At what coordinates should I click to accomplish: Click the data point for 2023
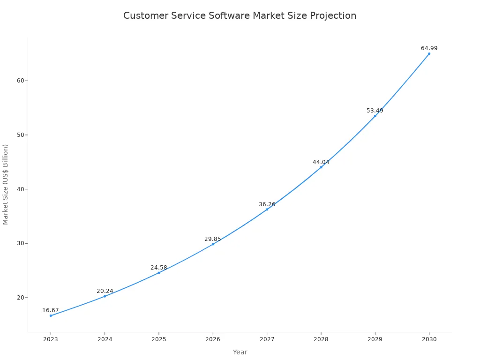coord(51,315)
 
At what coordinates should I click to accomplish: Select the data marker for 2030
coord(429,53)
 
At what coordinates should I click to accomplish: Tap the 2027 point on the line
coord(267,209)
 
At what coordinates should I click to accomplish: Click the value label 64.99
coord(429,48)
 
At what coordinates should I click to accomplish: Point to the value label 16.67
coord(51,310)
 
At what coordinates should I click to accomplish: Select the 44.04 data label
coord(321,162)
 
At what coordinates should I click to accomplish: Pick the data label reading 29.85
coord(212,239)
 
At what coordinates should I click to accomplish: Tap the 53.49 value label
coord(375,111)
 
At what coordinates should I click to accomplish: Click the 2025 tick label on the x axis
coord(158,339)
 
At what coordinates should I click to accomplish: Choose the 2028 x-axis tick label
coord(321,339)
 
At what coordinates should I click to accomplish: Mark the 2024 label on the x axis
coord(105,339)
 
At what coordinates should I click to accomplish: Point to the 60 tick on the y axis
coord(21,81)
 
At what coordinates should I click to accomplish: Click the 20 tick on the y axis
coord(21,298)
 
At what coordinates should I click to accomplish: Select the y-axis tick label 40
coord(21,189)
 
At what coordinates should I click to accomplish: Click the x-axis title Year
coord(240,352)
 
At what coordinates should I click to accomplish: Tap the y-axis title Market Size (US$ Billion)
coord(6,184)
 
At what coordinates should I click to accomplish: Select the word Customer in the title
coord(144,15)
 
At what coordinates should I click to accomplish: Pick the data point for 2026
coord(213,244)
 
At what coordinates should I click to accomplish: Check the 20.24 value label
coord(105,291)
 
